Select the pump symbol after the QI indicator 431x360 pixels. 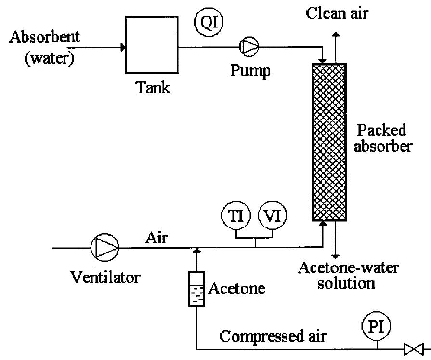tap(249, 46)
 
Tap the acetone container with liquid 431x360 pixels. tap(196, 289)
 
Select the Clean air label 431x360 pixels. tap(337, 13)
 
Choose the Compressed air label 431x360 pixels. tap(273, 336)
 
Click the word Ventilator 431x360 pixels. tap(105, 277)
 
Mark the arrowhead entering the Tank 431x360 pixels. tap(123, 47)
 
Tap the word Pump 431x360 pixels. tap(249, 71)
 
